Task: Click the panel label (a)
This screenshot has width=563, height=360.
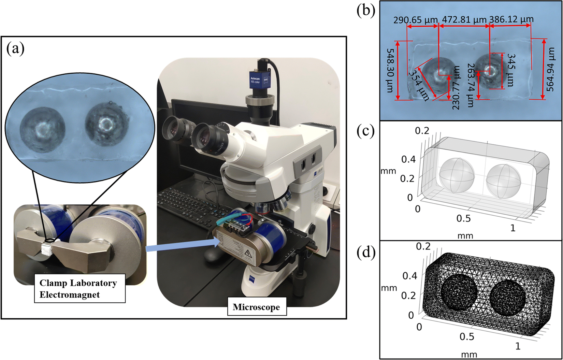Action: [16, 49]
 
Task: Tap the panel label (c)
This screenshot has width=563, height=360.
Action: [366, 131]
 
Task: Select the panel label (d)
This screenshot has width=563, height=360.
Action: [366, 252]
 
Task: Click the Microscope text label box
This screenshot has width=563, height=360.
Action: [256, 307]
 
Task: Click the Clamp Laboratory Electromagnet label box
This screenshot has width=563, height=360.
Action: [79, 289]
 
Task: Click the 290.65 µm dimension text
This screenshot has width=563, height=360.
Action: [415, 20]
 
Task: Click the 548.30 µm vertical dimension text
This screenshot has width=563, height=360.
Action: [390, 70]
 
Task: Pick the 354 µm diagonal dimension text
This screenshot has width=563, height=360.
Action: [419, 86]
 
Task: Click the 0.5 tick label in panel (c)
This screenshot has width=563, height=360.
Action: [463, 218]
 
